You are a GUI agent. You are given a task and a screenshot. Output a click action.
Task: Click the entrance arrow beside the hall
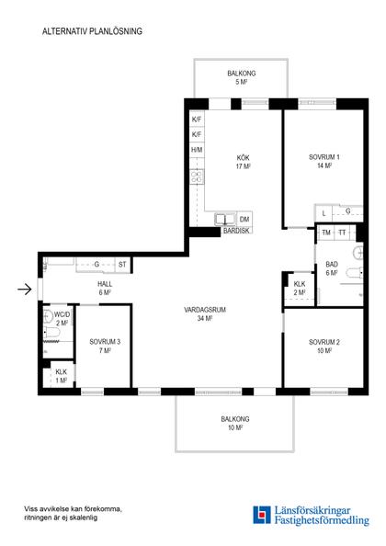point(25,289)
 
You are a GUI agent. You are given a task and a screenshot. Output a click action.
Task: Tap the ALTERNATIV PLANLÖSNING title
point(92,31)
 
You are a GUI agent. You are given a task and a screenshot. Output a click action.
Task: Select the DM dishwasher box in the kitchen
point(244,220)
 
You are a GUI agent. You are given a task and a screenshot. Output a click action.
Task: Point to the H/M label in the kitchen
point(197,150)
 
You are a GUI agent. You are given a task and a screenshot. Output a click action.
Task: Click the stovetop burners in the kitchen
point(197,176)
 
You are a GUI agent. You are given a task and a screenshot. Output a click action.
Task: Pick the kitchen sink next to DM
point(225,220)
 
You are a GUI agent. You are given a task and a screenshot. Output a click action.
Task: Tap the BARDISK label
point(236,231)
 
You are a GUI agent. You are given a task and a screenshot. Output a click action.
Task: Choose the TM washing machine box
point(326,233)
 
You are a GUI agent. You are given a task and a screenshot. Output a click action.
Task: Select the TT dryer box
point(343,233)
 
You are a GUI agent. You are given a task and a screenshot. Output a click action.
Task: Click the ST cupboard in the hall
point(122,265)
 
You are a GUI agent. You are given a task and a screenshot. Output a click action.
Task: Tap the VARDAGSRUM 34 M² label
point(205,313)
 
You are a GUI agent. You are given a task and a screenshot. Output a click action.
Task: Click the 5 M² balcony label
point(242,82)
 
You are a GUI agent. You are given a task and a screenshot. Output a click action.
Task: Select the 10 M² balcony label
point(235,427)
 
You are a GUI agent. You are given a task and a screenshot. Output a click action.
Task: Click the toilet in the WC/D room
point(51,333)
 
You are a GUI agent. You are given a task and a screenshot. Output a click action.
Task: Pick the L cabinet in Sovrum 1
point(324,213)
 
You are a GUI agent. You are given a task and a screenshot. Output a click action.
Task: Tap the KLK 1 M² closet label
point(62,376)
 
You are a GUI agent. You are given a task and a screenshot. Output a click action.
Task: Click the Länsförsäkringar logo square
point(262,515)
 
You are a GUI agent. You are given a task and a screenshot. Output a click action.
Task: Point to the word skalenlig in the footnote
point(84,518)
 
